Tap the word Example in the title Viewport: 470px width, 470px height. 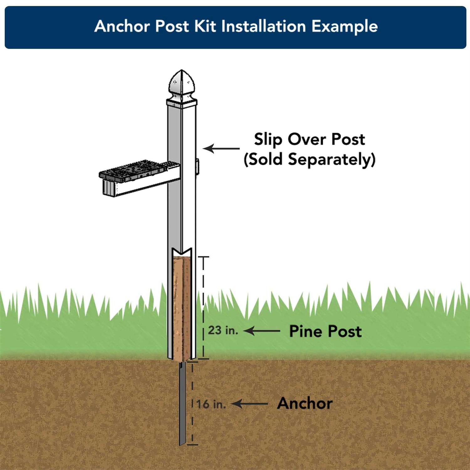click(x=344, y=26)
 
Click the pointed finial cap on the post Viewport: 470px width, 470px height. click(x=181, y=83)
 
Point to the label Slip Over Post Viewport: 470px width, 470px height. click(x=309, y=139)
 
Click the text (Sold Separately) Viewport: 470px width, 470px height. click(x=309, y=159)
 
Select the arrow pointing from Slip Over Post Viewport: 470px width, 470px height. click(x=221, y=148)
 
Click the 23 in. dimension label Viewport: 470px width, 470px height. click(x=223, y=330)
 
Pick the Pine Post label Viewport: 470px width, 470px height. click(x=325, y=331)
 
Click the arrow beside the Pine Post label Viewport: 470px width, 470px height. click(x=262, y=331)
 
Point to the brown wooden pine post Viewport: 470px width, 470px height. click(x=182, y=307)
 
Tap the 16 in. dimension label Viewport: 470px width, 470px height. click(x=211, y=404)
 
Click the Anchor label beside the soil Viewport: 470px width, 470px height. click(x=305, y=403)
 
